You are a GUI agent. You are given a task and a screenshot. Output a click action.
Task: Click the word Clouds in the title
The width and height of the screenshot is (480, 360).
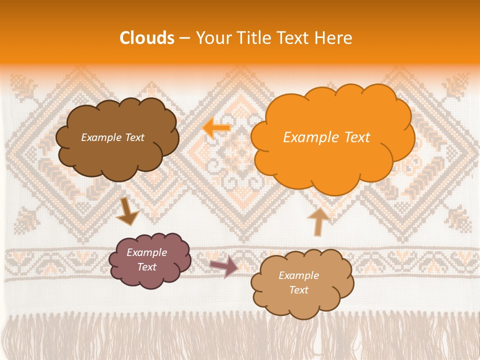(146, 37)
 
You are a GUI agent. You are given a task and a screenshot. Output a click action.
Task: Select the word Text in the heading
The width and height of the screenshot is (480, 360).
(293, 37)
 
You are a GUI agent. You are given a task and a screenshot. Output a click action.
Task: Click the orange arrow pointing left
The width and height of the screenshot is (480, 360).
(216, 127)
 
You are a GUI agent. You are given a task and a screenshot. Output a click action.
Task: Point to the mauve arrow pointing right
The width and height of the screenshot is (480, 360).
(223, 266)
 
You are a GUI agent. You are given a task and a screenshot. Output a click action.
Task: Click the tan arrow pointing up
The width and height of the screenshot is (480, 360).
(318, 221)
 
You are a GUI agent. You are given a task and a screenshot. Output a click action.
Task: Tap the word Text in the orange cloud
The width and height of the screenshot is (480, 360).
(357, 137)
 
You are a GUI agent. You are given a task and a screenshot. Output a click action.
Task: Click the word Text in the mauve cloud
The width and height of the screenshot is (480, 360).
(147, 267)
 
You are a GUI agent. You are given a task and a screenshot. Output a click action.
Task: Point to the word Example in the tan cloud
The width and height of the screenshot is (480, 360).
(298, 275)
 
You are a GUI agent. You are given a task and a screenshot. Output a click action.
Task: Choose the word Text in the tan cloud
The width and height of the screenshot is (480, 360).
(298, 290)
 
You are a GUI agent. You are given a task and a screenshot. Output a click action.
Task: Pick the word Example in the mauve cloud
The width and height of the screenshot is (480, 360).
(147, 252)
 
